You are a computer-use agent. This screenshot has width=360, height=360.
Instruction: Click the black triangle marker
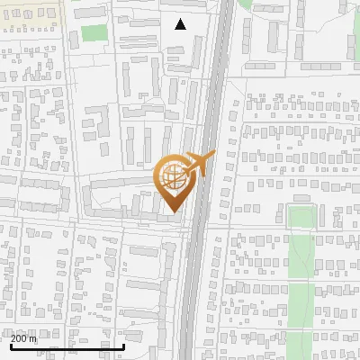pos(180,24)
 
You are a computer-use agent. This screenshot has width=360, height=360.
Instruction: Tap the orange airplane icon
pos(200,163)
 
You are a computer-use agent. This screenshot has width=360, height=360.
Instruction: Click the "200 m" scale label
pos(23,337)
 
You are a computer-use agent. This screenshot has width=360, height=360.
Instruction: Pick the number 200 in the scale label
pos(19,337)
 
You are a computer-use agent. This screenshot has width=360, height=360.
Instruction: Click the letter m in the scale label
pos(33,337)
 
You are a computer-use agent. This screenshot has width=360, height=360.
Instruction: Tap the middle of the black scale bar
pos(67,346)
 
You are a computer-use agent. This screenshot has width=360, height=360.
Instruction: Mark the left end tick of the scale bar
pos(10,344)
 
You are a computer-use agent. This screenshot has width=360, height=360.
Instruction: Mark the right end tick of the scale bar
pos(123,344)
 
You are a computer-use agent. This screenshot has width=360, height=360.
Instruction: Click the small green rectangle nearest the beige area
pos(94,34)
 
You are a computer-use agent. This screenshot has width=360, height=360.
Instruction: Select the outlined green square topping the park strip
pos(302,218)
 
